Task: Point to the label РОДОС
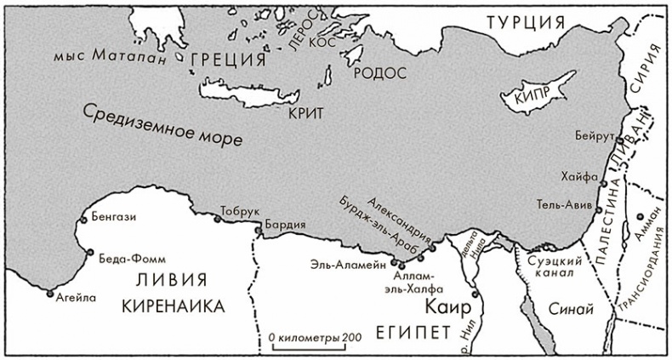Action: [x=376, y=73]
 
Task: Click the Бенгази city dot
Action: [x=82, y=220]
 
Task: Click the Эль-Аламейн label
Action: [x=345, y=263]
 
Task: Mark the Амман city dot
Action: [x=639, y=218]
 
